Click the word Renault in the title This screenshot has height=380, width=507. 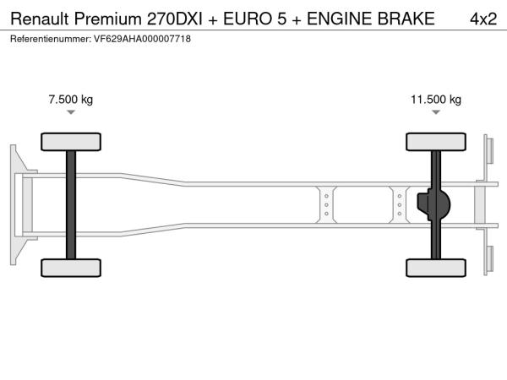coord(40,19)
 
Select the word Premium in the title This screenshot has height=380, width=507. coord(107,19)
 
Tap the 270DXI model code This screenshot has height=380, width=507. coord(175,19)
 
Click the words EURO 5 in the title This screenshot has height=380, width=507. coord(255,19)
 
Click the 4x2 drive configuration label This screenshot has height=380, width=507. coord(483,19)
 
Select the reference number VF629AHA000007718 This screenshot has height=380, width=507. coord(142,39)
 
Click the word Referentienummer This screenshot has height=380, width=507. coord(51,39)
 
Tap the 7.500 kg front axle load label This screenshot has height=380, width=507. coord(71,99)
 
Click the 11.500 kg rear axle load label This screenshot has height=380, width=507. coord(436,99)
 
